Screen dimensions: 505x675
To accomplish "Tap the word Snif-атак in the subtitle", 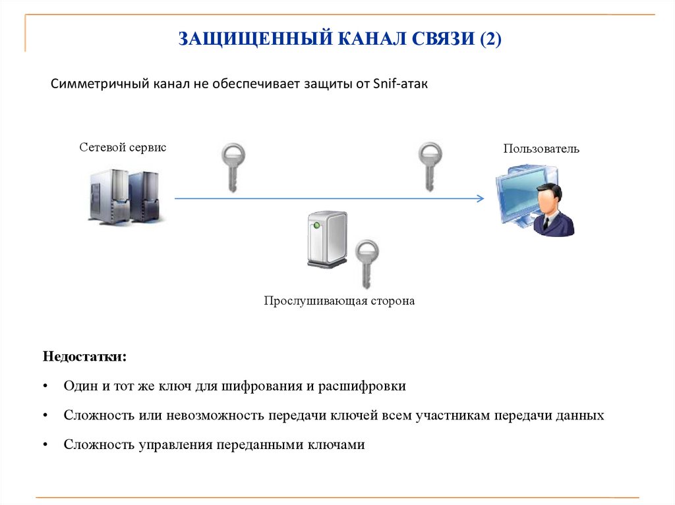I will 400,85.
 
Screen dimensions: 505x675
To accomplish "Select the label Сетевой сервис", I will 123,147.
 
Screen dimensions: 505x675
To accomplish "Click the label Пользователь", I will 541,149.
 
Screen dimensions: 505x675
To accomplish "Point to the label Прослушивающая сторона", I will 339,302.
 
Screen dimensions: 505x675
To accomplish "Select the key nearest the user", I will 430,165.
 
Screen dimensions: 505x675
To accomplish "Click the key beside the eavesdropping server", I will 367,262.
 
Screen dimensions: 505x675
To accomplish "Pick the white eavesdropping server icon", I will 327,238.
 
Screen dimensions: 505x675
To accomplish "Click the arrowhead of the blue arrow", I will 480,198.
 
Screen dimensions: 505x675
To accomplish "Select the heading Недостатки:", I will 84,357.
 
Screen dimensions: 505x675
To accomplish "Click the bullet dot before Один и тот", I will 45,387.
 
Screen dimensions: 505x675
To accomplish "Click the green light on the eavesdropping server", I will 318,226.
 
